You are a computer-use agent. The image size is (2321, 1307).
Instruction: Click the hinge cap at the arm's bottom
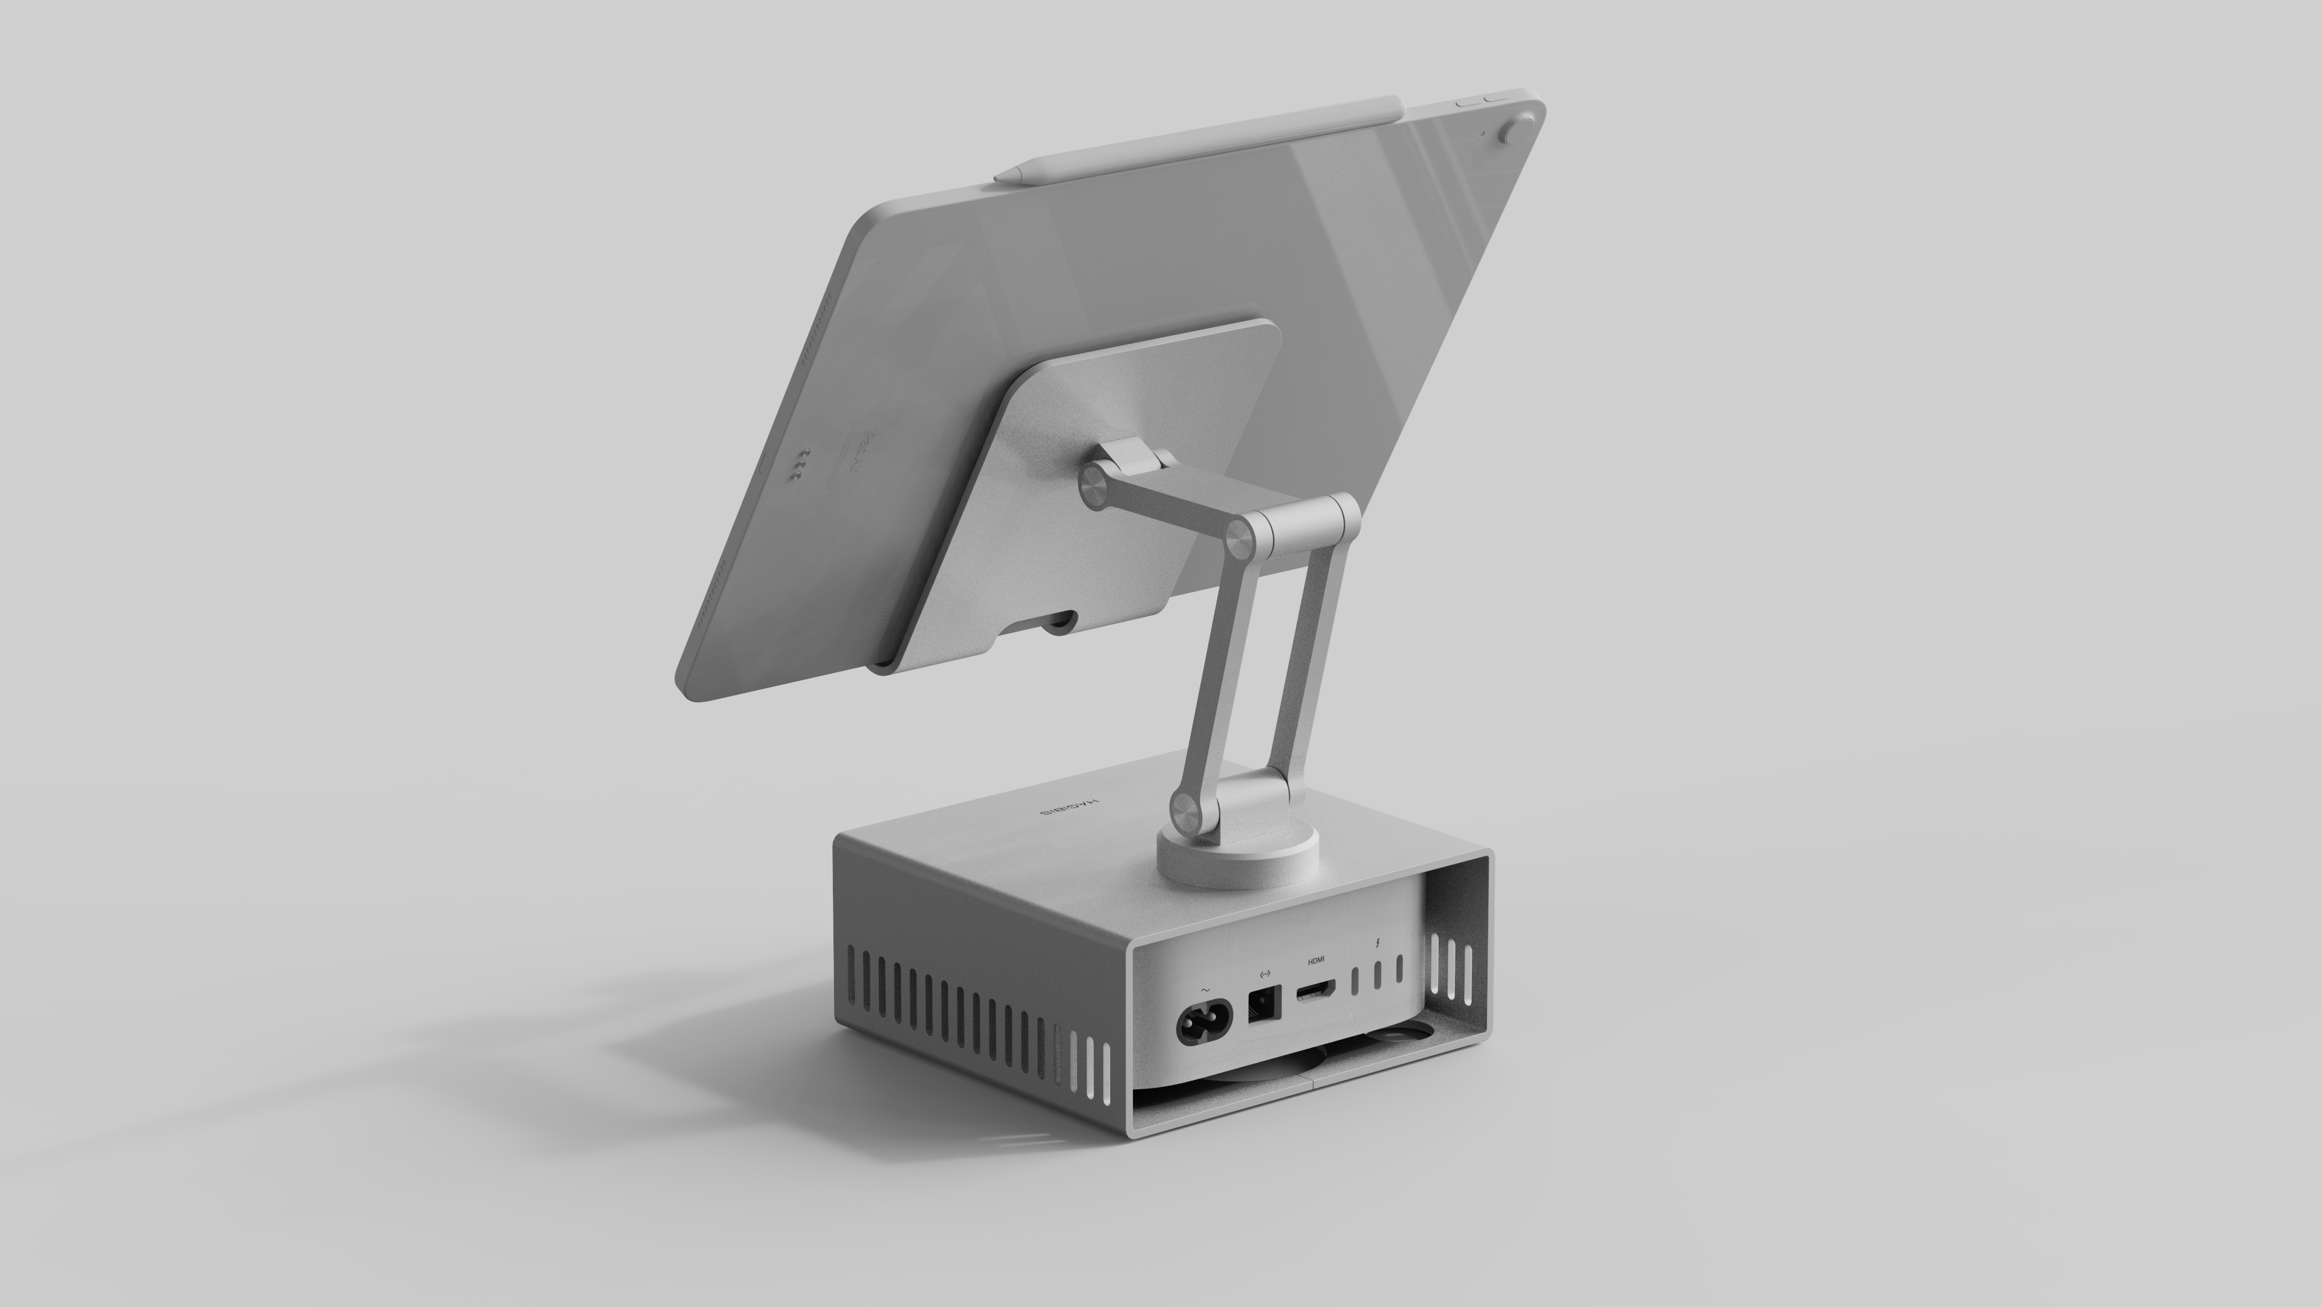click(x=1186, y=814)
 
